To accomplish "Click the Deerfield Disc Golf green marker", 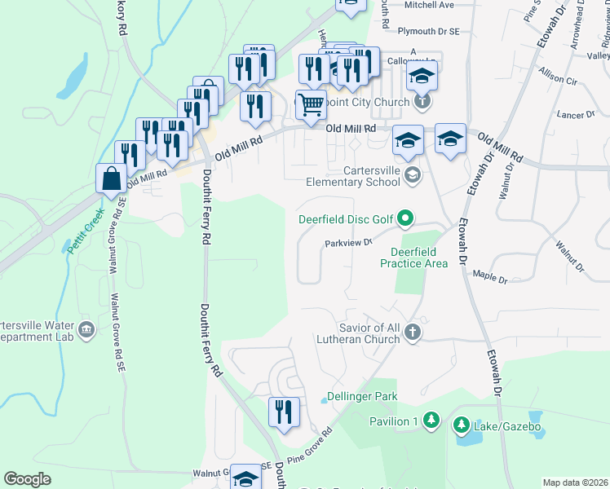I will coord(405,218).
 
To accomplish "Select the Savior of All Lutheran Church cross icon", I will coord(413,332).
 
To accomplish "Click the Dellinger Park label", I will coord(361,397).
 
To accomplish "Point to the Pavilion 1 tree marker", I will coord(431,421).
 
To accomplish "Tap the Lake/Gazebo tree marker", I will coord(462,425).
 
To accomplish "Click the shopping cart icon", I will coord(310,104).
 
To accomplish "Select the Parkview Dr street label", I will coord(348,242).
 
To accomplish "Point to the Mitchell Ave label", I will coord(429,5).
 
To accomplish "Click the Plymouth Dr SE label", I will coord(429,31).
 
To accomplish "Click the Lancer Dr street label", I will coord(572,115).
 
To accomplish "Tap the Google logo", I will coord(27,479).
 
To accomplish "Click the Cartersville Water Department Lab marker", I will coord(87,330).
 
